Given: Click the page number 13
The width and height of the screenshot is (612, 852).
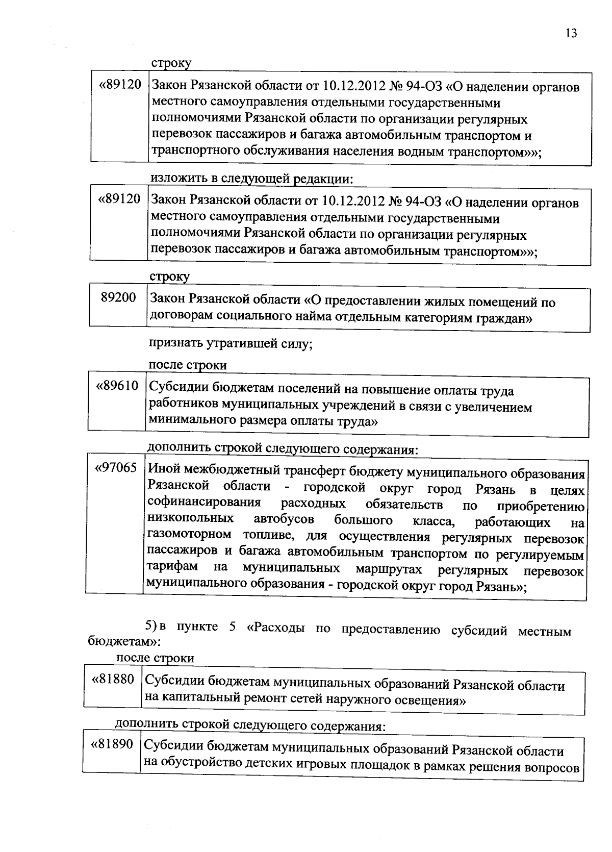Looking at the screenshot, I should pyautogui.click(x=571, y=33).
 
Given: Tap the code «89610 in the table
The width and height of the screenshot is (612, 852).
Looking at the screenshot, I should pyautogui.click(x=117, y=386).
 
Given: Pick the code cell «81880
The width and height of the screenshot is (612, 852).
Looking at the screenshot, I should pyautogui.click(x=113, y=680).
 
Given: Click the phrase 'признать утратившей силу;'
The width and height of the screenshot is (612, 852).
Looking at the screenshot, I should pyautogui.click(x=230, y=343).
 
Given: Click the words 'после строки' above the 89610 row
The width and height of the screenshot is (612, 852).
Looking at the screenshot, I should pyautogui.click(x=187, y=365).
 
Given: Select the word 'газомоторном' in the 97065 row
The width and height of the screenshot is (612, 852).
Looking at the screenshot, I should pyautogui.click(x=189, y=535).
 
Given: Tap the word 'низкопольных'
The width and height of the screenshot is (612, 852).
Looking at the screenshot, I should pyautogui.click(x=190, y=519).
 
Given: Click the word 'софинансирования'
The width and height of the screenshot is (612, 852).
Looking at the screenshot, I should pyautogui.click(x=203, y=503).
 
